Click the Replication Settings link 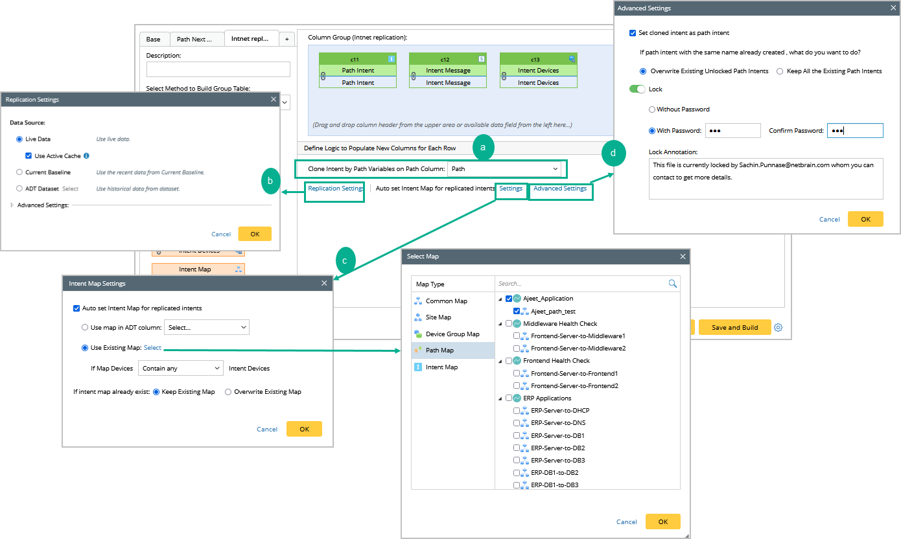pyautogui.click(x=334, y=189)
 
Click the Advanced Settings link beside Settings pyautogui.click(x=560, y=189)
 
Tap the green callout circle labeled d pyautogui.click(x=613, y=154)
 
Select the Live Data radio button pyautogui.click(x=19, y=139)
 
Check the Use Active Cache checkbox pyautogui.click(x=29, y=156)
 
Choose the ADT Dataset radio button pyautogui.click(x=19, y=189)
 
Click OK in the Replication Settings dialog pyautogui.click(x=255, y=234)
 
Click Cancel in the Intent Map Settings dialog pyautogui.click(x=267, y=429)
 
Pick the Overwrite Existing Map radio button pyautogui.click(x=228, y=392)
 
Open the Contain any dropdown pyautogui.click(x=180, y=368)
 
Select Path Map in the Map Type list pyautogui.click(x=439, y=350)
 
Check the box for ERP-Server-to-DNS pyautogui.click(x=517, y=423)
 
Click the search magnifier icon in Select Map pyautogui.click(x=672, y=283)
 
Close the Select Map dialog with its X pyautogui.click(x=683, y=257)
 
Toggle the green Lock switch pyautogui.click(x=638, y=89)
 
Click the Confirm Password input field pyautogui.click(x=854, y=131)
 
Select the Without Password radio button pyautogui.click(x=652, y=109)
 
